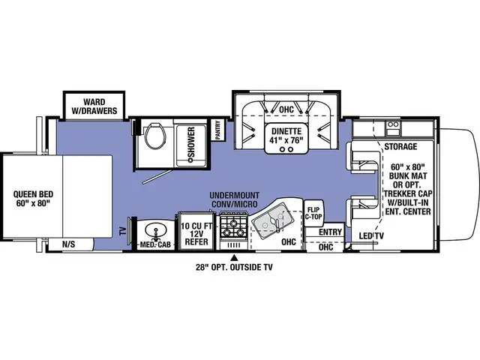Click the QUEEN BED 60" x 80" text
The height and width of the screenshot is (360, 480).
(29, 196)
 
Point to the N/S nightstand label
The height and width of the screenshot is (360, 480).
(68, 244)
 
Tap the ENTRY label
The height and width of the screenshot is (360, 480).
(330, 232)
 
